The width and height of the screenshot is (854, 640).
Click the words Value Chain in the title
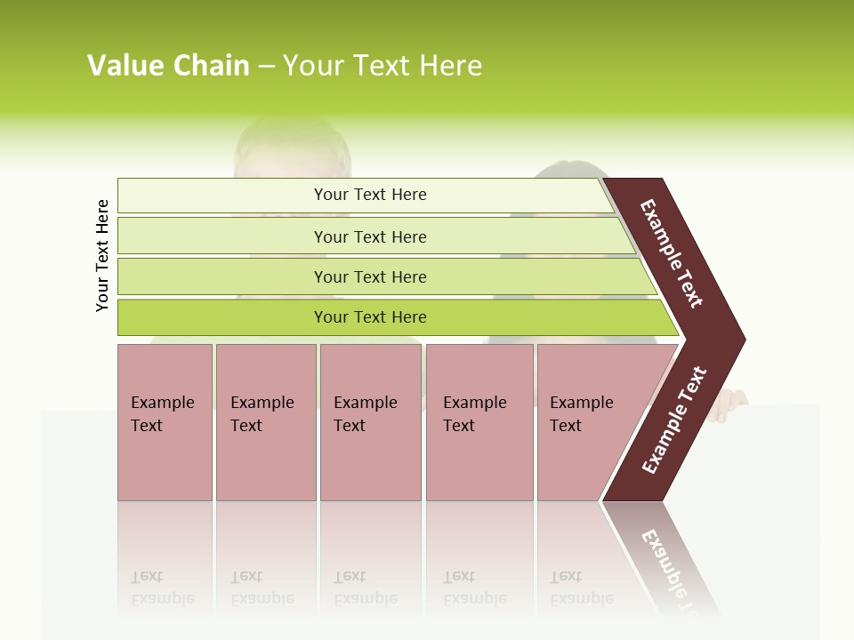[x=168, y=66]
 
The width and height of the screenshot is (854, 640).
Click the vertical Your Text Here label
[x=102, y=255]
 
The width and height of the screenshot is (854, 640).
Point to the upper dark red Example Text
[x=672, y=253]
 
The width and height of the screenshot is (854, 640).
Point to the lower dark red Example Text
[x=673, y=420]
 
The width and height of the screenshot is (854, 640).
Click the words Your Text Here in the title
[x=383, y=66]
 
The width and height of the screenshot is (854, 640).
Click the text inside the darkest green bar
[x=370, y=317]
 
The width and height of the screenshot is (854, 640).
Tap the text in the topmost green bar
[x=370, y=195]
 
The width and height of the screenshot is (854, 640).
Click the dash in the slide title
[x=266, y=67]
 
